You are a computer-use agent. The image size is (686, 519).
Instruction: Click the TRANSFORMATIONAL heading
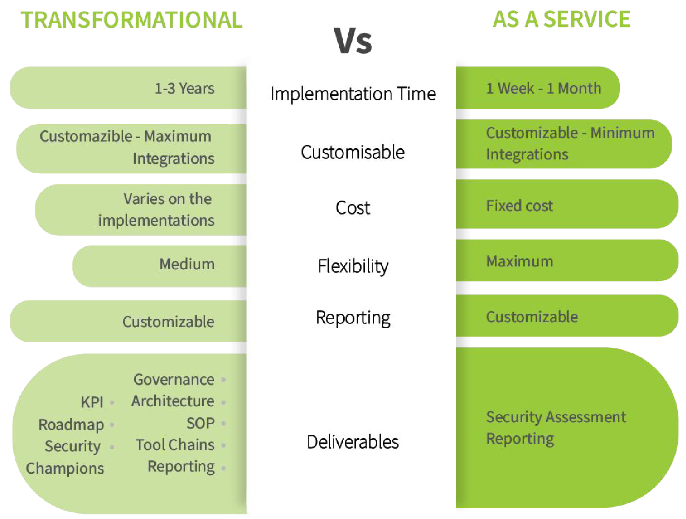click(x=131, y=20)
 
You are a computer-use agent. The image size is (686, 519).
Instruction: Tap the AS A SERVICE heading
click(x=561, y=19)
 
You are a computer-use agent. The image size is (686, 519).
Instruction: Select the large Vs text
click(x=353, y=41)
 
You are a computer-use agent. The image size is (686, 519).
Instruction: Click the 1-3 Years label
click(x=185, y=88)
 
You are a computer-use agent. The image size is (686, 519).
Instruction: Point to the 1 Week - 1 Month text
click(x=543, y=88)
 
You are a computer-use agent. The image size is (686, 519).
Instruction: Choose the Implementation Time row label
click(x=353, y=94)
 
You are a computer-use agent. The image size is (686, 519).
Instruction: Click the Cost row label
click(x=353, y=208)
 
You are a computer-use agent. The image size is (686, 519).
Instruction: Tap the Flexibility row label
click(x=353, y=266)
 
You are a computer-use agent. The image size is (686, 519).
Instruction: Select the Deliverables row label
click(x=353, y=442)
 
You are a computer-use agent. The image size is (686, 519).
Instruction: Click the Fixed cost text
click(x=519, y=206)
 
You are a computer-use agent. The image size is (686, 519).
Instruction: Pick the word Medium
click(x=187, y=264)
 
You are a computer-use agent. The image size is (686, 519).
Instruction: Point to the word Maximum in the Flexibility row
click(x=519, y=262)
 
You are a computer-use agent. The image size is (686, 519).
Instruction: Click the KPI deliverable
click(x=92, y=402)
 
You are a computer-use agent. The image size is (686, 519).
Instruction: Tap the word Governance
click(x=174, y=380)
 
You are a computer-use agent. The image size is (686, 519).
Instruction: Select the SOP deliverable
click(x=200, y=424)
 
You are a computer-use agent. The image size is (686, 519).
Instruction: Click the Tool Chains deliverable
click(x=175, y=445)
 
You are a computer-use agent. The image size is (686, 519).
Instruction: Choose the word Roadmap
click(x=71, y=425)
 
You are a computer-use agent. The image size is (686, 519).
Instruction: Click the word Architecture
click(x=173, y=401)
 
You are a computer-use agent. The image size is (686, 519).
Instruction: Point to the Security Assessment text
click(x=556, y=417)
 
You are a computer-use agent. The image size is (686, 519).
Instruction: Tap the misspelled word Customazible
click(x=86, y=137)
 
